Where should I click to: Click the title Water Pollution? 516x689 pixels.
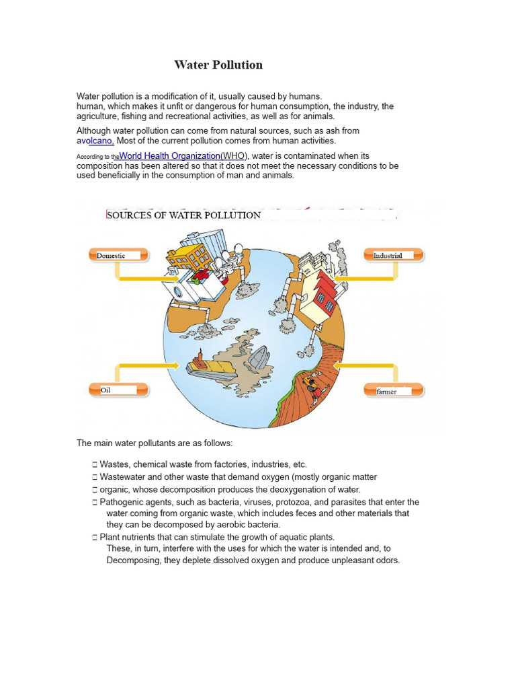pyautogui.click(x=218, y=65)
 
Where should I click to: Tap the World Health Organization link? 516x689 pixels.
pyautogui.click(x=169, y=156)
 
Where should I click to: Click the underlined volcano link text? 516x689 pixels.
pyautogui.click(x=100, y=141)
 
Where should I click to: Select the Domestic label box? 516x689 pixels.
pyautogui.click(x=116, y=255)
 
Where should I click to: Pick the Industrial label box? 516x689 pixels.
pyautogui.click(x=394, y=255)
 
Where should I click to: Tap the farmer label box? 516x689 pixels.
pyautogui.click(x=394, y=390)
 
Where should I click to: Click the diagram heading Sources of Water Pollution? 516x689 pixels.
pyautogui.click(x=183, y=215)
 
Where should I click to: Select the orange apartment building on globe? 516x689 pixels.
pyautogui.click(x=189, y=256)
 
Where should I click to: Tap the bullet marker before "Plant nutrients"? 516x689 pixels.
pyautogui.click(x=95, y=538)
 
